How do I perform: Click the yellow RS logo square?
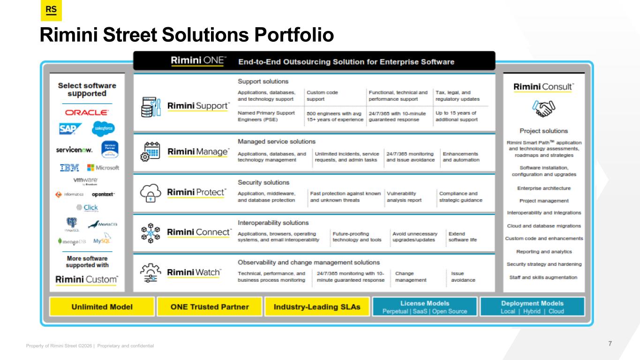tap(51, 11)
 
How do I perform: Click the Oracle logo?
tap(87, 112)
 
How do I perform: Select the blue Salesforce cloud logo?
tap(103, 128)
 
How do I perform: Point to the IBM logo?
tap(69, 167)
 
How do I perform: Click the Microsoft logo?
tap(103, 167)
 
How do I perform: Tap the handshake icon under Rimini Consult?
tap(543, 110)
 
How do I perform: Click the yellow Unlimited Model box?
tap(102, 307)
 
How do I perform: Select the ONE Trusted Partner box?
tap(209, 307)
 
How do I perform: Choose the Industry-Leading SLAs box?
tap(317, 307)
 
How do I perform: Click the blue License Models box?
tap(425, 307)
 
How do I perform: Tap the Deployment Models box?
tap(532, 307)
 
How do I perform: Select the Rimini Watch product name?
tap(194, 272)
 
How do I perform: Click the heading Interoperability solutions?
tap(273, 223)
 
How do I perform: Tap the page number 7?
tap(610, 344)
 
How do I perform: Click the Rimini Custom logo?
tap(87, 280)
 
